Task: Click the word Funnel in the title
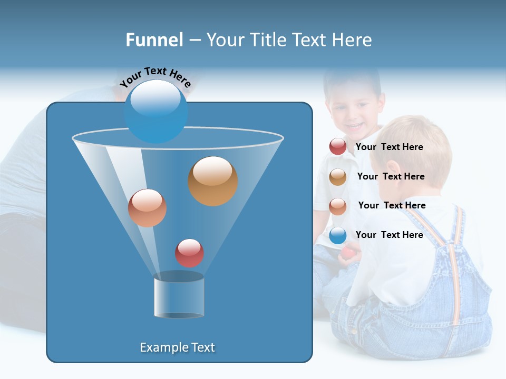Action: point(154,40)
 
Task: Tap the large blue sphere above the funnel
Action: point(155,111)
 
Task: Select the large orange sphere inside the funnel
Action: point(212,181)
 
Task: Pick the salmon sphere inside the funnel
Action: point(147,208)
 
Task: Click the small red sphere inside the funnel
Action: point(189,253)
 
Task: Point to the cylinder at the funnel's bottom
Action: point(179,297)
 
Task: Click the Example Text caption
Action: point(177,347)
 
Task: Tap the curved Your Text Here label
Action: point(155,77)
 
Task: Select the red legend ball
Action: point(338,147)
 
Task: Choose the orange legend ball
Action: point(338,176)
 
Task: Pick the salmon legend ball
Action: point(338,206)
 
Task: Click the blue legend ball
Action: point(338,235)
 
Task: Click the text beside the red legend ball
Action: point(389,147)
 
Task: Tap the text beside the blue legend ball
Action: point(389,235)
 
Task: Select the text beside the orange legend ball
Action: point(391,176)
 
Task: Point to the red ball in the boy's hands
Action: point(347,253)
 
